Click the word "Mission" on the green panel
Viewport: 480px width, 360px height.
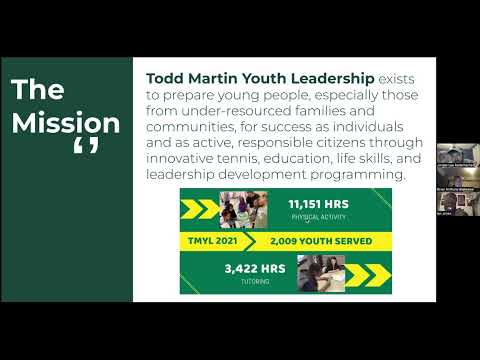[66, 124]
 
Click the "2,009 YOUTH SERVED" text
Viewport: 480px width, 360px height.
[320, 241]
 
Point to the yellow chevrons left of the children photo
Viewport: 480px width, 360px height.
[200, 208]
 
